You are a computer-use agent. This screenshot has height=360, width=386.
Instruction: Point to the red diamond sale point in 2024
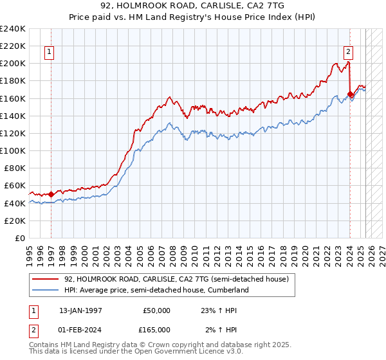click(x=350, y=94)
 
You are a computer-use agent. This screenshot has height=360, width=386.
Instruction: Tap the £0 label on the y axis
click(x=19, y=238)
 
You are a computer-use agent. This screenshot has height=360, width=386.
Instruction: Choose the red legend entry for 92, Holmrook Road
click(x=179, y=279)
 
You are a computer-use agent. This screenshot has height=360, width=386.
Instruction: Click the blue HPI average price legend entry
click(x=156, y=290)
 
